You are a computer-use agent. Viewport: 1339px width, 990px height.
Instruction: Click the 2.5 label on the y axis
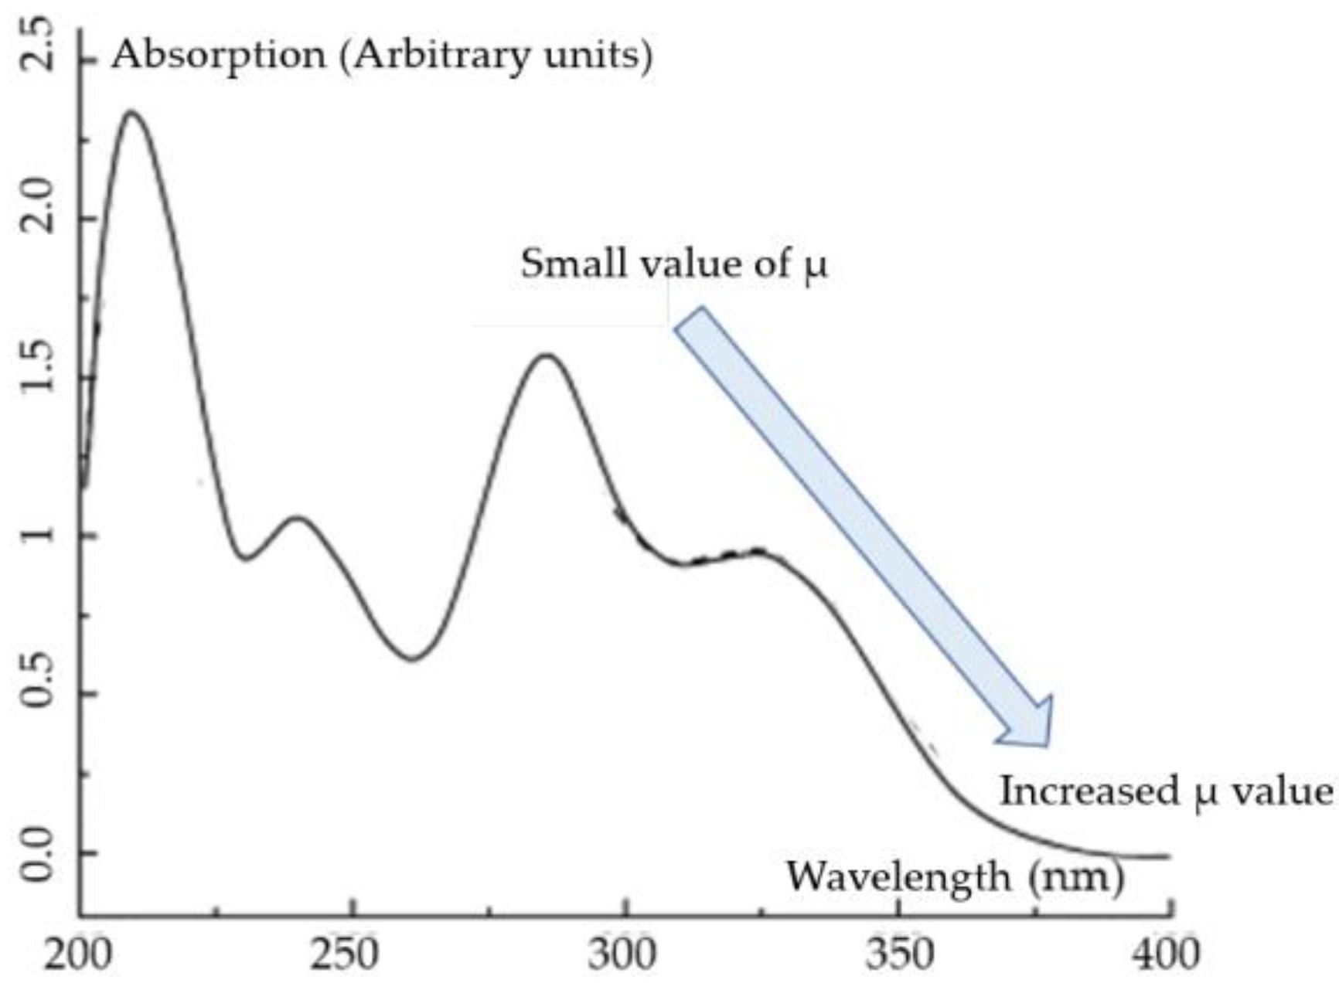37,44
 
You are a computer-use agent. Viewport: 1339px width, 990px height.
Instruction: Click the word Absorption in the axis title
219,56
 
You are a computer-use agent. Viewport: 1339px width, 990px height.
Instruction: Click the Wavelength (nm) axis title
955,877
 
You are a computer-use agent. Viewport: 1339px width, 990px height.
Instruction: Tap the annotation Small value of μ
673,264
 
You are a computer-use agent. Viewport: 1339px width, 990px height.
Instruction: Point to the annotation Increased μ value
1167,792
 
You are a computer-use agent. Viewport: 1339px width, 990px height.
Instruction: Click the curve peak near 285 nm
547,355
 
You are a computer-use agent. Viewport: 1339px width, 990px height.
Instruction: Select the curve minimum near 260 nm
412,659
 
